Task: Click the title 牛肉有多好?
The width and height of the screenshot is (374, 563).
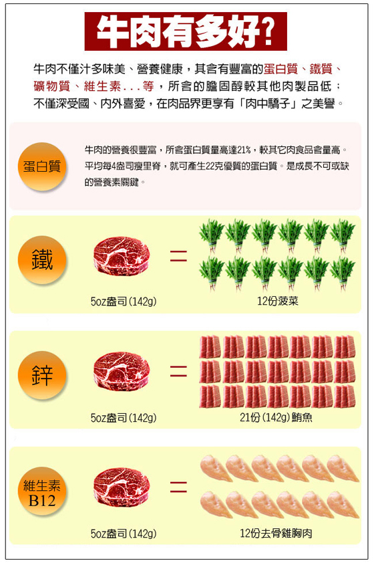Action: coord(186,31)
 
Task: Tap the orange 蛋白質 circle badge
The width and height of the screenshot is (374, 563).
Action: coord(42,166)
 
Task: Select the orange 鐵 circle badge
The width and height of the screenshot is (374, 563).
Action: coord(42,259)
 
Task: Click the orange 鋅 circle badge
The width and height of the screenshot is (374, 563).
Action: coord(42,375)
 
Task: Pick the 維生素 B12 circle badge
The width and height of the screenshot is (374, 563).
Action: coord(42,491)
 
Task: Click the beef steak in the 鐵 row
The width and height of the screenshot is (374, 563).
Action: coord(122,256)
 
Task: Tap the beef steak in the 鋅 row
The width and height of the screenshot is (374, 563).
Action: coord(122,371)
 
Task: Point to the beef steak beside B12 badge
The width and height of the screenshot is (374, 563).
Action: coord(122,487)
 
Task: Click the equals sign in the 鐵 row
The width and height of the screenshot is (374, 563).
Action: coord(178,255)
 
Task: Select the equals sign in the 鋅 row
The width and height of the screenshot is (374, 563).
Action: coord(178,371)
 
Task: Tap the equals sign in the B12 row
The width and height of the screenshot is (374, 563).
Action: coord(178,487)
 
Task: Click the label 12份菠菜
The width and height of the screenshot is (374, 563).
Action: coord(278,301)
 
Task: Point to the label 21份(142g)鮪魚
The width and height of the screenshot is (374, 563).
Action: coord(276,417)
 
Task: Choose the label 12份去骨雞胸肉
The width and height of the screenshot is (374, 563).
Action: coord(276,533)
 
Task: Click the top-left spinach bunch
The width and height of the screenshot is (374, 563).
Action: coord(212,235)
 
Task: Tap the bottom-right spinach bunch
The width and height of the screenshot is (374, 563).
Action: coord(343,273)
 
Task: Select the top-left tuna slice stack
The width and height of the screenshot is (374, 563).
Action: coord(210,346)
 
